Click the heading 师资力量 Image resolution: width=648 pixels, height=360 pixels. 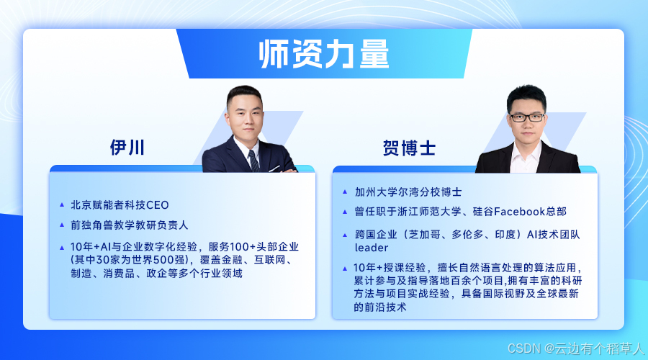coord(323,54)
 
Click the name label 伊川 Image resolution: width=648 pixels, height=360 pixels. coord(127,148)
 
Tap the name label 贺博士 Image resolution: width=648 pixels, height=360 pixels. coord(409,148)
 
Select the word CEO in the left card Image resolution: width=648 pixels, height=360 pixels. coord(158,205)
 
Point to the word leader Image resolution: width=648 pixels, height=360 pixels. coord(372,248)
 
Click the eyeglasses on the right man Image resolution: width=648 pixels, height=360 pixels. coord(527,117)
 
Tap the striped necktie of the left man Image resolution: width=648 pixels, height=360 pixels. coord(253,161)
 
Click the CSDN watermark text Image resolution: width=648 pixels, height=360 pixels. coord(576,348)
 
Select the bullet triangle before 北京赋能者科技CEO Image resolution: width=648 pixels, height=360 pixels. coord(62,204)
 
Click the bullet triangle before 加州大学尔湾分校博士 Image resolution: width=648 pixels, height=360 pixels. coord(345,192)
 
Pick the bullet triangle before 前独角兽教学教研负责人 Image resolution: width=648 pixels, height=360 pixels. coord(62,225)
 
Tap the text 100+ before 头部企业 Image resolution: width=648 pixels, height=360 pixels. coord(243,247)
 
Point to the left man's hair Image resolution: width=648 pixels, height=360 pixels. coord(244,94)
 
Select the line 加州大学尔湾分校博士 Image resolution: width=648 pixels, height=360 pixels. coord(408,192)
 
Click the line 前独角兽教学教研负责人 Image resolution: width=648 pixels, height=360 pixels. coord(130,225)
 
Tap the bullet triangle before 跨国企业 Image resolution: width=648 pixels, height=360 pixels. coord(345,235)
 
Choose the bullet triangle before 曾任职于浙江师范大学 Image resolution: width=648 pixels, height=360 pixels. coord(345,212)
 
